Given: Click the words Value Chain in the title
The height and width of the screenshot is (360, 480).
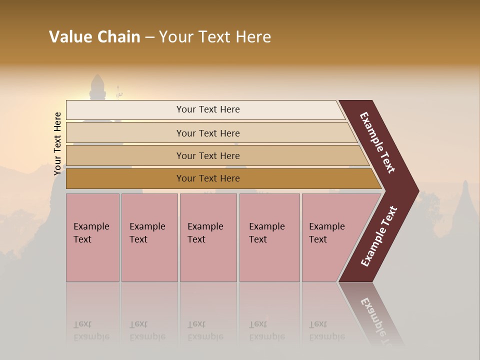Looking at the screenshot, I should tap(94, 37).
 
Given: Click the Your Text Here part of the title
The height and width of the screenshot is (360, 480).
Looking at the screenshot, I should tap(215, 37).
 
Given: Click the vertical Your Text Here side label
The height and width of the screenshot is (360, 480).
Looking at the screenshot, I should tap(57, 143).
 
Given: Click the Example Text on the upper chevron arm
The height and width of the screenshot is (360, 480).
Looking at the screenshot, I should tap(377, 142).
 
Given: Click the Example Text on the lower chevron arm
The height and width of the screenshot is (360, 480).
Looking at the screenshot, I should tap(379, 236).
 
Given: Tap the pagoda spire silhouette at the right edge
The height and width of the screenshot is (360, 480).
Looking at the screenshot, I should tap(465, 200).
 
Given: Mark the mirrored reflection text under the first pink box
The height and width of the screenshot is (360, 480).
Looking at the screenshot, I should tap(91, 331).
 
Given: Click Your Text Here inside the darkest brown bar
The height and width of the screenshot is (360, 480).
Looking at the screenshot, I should tap(208, 178).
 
